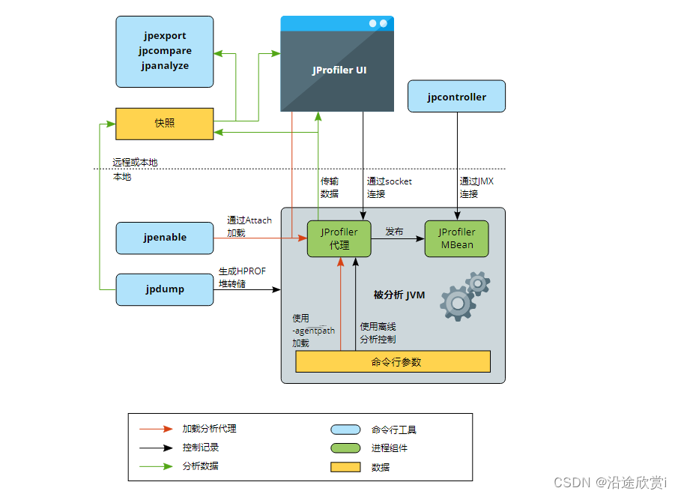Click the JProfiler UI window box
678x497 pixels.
pyautogui.click(x=337, y=70)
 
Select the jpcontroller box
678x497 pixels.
pyautogui.click(x=456, y=97)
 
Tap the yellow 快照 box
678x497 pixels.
pyautogui.click(x=164, y=124)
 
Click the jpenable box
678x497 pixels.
pyautogui.click(x=164, y=238)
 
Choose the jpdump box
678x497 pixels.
pyautogui.click(x=164, y=289)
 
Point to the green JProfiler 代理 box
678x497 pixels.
pyautogui.click(x=339, y=238)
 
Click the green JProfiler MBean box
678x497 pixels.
pyautogui.click(x=456, y=238)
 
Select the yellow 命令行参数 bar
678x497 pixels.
pyautogui.click(x=393, y=362)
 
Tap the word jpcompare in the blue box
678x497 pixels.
pyautogui.click(x=165, y=51)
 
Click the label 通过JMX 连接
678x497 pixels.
pyautogui.click(x=476, y=187)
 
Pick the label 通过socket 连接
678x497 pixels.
pyautogui.click(x=389, y=187)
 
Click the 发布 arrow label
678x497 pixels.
pyautogui.click(x=394, y=232)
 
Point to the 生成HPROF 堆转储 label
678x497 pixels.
pyautogui.click(x=241, y=277)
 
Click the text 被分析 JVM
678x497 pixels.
pyautogui.click(x=399, y=295)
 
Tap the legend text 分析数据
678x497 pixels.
pyautogui.click(x=201, y=466)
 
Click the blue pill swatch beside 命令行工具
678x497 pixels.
pyautogui.click(x=345, y=430)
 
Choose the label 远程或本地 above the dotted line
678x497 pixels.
pyautogui.click(x=135, y=163)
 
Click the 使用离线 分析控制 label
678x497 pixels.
pyautogui.click(x=378, y=333)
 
